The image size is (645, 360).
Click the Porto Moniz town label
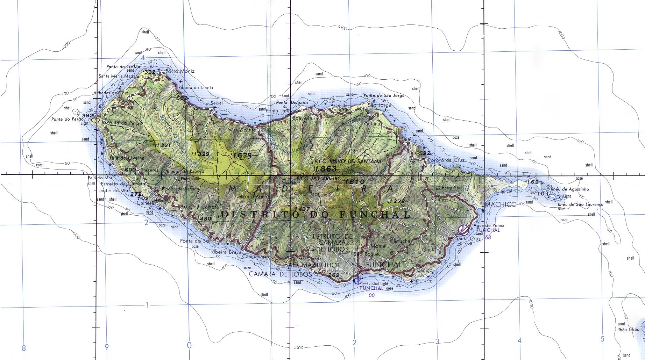point(180,71)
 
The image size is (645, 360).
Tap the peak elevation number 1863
point(326,169)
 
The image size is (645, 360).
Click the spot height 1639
point(242,155)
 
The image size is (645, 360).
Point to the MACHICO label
point(501,204)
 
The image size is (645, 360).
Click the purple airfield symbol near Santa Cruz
point(463,230)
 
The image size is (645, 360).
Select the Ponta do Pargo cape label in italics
point(67,119)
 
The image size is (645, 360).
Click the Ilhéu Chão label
point(628,329)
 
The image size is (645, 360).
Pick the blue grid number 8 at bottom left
point(24,348)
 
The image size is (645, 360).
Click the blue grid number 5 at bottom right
point(602,339)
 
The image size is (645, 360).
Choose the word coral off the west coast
point(40,165)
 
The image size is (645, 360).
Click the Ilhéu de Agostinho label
point(569,189)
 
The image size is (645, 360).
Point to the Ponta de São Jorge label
point(384,95)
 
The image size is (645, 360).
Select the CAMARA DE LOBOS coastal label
point(280,274)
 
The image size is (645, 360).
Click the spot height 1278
point(396,201)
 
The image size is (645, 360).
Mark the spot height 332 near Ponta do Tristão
point(149,72)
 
